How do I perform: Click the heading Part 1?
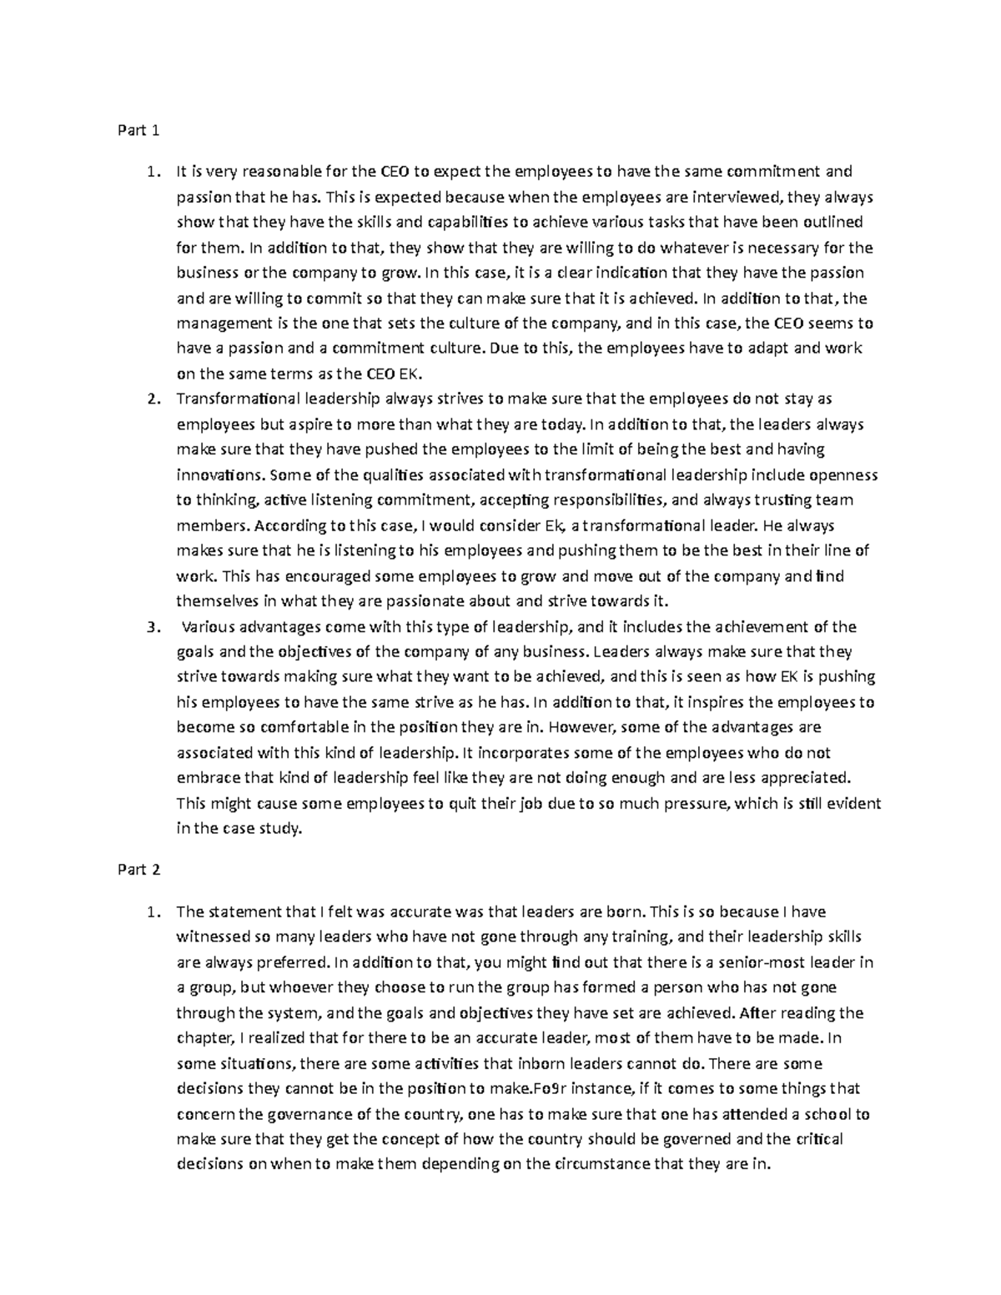tap(135, 130)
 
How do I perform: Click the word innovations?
tap(218, 475)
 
